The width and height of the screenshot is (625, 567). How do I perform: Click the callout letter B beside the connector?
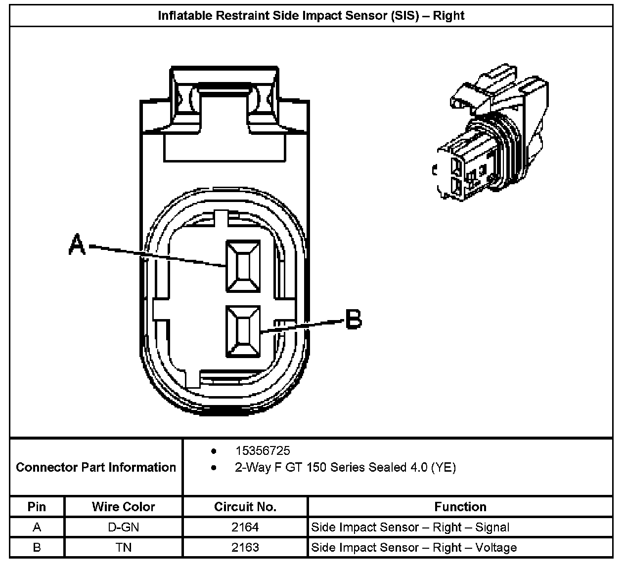354,319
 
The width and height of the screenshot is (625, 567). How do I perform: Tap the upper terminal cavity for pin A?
243,266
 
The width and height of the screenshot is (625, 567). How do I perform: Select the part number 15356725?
263,451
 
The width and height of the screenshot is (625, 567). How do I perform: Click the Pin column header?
37,507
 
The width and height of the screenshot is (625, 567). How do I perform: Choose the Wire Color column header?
123,507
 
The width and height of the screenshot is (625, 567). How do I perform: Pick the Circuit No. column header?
245,507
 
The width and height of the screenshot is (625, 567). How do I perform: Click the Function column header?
460,507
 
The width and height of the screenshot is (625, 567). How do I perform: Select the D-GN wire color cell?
123,527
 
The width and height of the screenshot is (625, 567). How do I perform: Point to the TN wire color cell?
123,547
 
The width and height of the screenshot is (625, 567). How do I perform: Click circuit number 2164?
245,527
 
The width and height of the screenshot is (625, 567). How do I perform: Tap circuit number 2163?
245,547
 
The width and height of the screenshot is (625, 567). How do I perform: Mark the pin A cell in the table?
37,527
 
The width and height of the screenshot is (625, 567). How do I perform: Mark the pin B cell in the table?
37,547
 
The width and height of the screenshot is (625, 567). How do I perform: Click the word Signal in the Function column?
492,527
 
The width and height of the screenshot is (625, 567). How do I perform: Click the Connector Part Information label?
96,467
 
